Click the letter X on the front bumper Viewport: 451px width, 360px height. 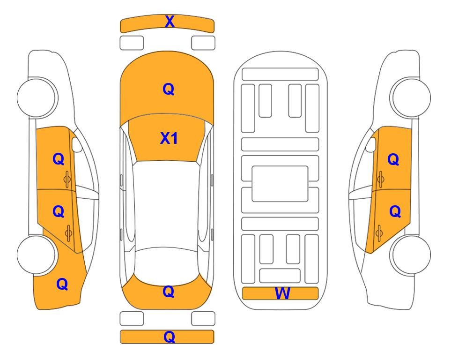tap(170, 21)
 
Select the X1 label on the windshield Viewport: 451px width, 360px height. tap(169, 138)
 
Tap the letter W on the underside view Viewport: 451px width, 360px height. tap(282, 293)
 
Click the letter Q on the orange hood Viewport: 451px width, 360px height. tap(169, 89)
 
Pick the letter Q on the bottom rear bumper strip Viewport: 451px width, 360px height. tap(169, 337)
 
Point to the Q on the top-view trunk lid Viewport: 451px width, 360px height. tap(169, 292)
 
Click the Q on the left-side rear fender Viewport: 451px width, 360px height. tap(62, 284)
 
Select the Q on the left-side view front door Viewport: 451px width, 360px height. tap(59, 159)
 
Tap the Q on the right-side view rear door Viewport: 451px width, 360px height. tap(395, 212)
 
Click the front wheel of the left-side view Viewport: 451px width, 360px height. tap(37, 97)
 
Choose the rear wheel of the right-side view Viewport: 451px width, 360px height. tap(411, 255)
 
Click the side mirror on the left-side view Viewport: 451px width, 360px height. tap(76, 144)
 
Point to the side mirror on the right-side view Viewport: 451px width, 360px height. tap(371, 144)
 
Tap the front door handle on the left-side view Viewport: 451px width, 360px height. tap(67, 179)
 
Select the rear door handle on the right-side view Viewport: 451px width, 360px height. tap(379, 233)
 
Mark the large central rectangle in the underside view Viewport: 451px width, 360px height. tap(280, 184)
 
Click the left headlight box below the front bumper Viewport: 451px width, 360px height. tap(132, 43)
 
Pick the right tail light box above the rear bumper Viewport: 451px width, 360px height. tap(203, 319)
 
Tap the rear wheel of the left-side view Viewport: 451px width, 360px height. tap(37, 255)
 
